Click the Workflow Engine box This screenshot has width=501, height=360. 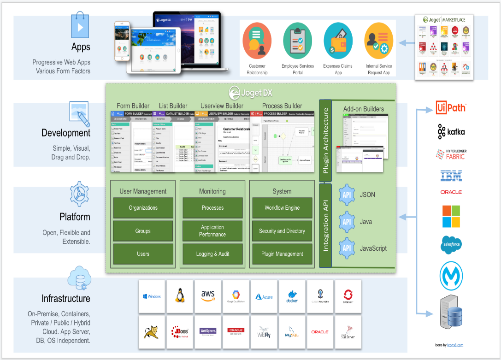point(282,208)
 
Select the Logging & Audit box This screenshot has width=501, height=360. point(212,254)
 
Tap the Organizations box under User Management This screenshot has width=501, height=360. point(143,208)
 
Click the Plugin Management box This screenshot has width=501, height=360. point(282,254)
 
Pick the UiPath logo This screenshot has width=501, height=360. point(451,108)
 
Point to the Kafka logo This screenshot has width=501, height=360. point(451,132)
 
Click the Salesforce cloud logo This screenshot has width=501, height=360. point(451,244)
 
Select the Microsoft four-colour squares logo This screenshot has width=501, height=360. point(451,217)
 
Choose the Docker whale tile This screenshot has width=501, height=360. point(292,295)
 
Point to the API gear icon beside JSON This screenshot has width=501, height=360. point(347,195)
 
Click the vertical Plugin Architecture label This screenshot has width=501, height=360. point(325,141)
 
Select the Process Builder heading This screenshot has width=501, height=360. point(282,106)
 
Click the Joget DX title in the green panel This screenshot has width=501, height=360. point(251,92)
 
